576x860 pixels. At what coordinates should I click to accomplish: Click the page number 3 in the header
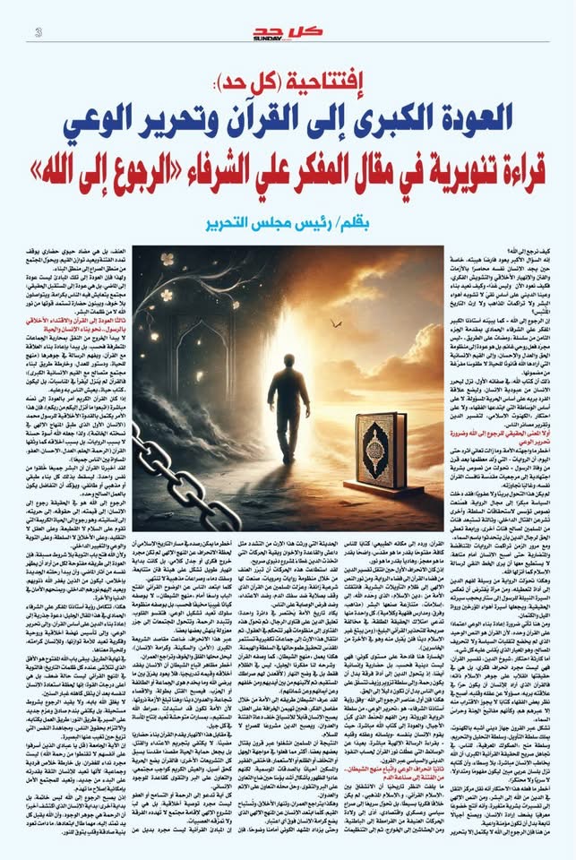click(x=39, y=33)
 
